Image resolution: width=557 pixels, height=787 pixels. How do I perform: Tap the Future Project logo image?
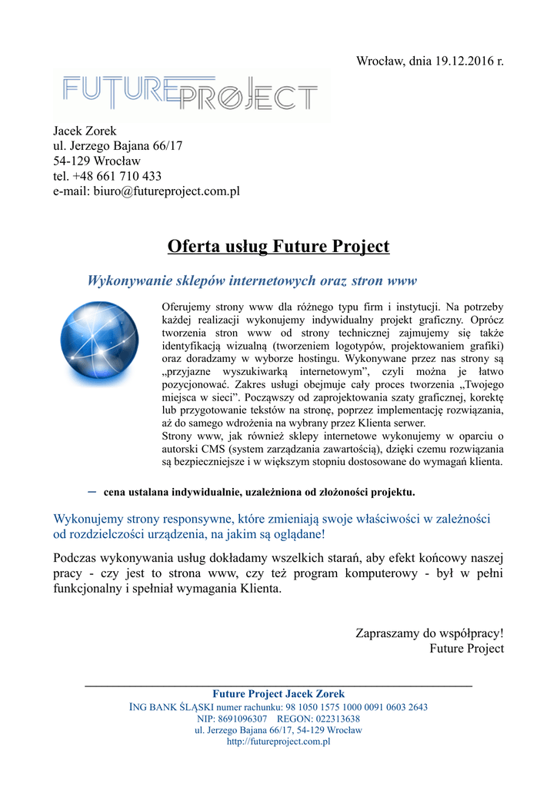[x=190, y=95]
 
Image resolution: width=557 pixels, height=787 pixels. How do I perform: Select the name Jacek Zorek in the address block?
[x=85, y=131]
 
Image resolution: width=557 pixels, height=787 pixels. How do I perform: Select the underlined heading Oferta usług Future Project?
[x=278, y=247]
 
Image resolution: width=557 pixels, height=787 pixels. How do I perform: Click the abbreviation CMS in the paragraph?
[x=207, y=449]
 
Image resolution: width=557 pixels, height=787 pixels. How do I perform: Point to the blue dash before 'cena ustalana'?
[x=92, y=490]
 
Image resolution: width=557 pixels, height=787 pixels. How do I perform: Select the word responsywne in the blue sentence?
[x=195, y=520]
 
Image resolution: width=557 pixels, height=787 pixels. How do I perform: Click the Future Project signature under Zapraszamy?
[x=466, y=649]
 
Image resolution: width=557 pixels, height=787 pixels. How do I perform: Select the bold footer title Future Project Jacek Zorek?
[x=278, y=694]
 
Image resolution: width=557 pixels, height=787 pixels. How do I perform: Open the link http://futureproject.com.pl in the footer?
[x=278, y=742]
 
